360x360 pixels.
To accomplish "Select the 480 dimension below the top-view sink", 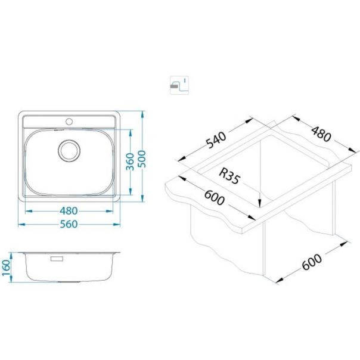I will point(70,210).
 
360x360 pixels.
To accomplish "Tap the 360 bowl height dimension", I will point(131,160).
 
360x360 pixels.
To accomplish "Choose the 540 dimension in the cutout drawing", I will point(216,139).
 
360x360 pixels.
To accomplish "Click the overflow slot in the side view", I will point(58,259).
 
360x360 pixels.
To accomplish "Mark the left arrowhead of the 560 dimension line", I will point(21,224).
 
